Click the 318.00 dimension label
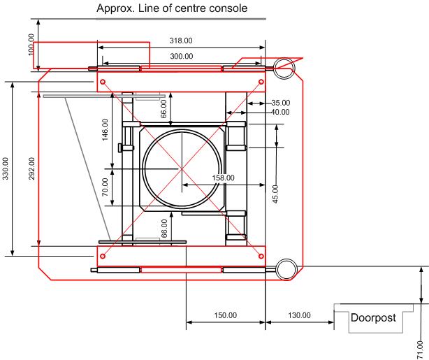(x=181, y=41)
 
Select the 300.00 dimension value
(x=182, y=57)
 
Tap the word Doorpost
(x=373, y=317)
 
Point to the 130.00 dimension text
(x=299, y=315)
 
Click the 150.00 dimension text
(x=226, y=315)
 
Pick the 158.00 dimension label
(x=224, y=178)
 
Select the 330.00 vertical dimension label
(x=6, y=168)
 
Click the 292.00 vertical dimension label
(x=32, y=168)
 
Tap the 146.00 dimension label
(x=105, y=129)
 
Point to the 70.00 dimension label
(x=105, y=187)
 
